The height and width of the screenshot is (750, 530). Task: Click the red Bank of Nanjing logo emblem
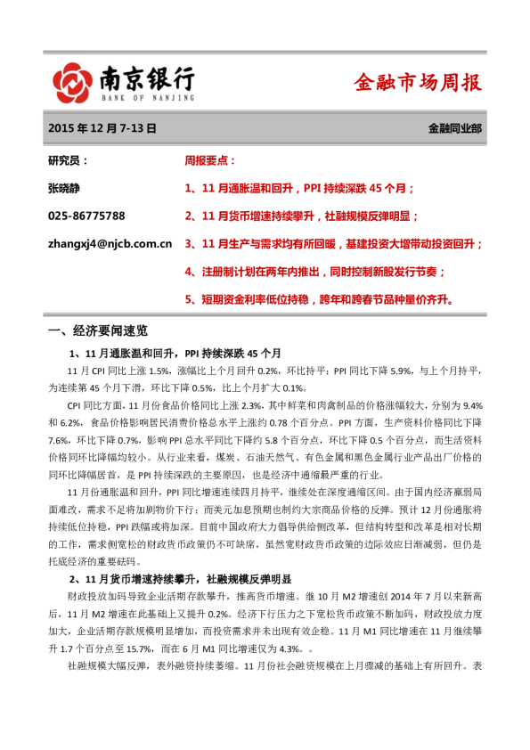[x=69, y=84]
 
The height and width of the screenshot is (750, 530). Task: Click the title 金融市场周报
[x=417, y=83]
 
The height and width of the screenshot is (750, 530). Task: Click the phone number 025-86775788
[x=86, y=216]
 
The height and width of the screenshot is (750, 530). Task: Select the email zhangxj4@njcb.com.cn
[x=110, y=243]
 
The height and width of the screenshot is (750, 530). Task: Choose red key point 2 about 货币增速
[x=301, y=216]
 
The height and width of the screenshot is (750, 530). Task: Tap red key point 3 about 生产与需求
[x=333, y=243]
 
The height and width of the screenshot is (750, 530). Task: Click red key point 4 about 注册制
[x=314, y=271]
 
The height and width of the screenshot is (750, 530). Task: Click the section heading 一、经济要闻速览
[x=103, y=332]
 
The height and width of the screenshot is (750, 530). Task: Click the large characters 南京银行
[x=144, y=77]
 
